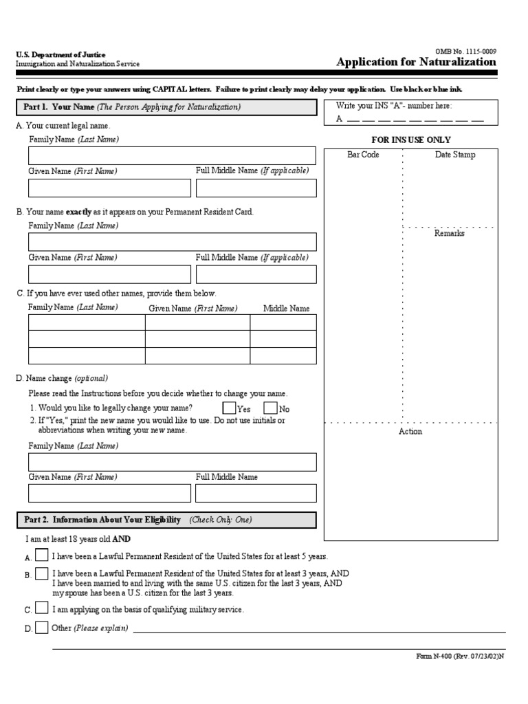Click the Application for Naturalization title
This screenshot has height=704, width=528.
click(x=416, y=62)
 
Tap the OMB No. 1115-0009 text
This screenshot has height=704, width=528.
click(x=465, y=51)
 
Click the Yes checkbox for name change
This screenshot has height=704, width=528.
click(x=229, y=408)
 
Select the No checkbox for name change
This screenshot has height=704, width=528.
click(x=270, y=408)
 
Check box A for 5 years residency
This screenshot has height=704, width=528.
click(x=42, y=555)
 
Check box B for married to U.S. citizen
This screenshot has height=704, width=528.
click(x=42, y=573)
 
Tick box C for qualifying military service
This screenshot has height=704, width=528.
click(x=42, y=608)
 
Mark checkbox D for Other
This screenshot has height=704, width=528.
click(x=42, y=627)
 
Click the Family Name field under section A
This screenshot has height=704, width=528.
click(x=172, y=155)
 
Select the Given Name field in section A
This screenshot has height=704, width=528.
click(x=109, y=188)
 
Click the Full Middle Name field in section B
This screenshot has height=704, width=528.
click(x=256, y=274)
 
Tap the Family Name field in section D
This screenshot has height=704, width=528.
click(x=172, y=461)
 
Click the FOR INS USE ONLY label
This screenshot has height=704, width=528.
click(x=411, y=140)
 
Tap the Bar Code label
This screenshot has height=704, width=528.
click(x=363, y=155)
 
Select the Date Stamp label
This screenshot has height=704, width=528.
click(x=454, y=155)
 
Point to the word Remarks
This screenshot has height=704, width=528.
click(x=449, y=233)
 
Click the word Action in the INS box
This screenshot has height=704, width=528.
click(x=410, y=431)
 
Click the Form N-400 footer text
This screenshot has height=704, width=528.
click(x=460, y=657)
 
